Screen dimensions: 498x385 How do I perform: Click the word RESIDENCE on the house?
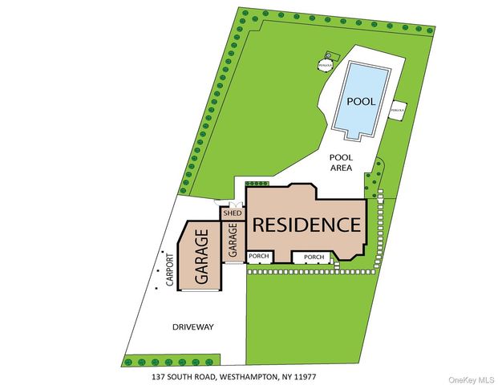click(306, 224)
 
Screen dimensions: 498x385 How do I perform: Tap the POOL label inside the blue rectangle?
click(360, 102)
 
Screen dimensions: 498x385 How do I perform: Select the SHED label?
click(232, 213)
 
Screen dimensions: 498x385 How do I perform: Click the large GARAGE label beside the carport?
click(203, 255)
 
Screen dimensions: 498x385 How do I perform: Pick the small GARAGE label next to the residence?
click(233, 241)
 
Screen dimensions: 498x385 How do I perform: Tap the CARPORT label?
click(170, 271)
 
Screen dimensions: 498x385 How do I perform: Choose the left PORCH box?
click(259, 257)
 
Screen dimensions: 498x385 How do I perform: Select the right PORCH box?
click(314, 257)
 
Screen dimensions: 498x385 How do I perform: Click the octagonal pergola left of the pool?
click(325, 63)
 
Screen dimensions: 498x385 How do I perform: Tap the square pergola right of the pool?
click(397, 108)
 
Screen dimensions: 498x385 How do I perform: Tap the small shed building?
click(232, 213)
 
